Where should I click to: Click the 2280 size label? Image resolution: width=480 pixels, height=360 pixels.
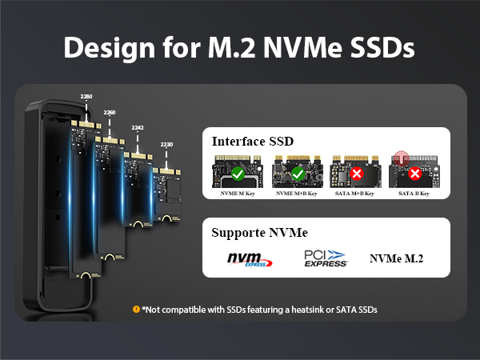coord(86,96)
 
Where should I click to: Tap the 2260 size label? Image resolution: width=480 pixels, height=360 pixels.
coord(110,112)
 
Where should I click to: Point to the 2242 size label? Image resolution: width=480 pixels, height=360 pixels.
coord(138,127)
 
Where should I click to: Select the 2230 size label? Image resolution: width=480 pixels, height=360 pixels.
coord(166,145)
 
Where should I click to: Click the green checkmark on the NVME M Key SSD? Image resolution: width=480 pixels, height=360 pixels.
coord(237,173)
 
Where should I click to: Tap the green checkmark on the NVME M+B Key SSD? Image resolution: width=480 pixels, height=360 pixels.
coord(297,173)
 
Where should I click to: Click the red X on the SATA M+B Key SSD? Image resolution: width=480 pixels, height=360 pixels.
coord(357,173)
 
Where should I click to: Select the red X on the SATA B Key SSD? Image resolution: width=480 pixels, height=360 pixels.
coord(414,173)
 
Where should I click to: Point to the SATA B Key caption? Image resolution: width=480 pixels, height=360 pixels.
coord(414,194)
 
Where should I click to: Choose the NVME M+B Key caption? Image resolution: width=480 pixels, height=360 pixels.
coord(297,194)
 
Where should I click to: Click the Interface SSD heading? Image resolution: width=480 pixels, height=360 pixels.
coord(253,142)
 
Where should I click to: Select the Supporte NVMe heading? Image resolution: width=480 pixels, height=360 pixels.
coord(259,233)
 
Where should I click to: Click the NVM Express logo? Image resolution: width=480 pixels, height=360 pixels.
coord(249,259)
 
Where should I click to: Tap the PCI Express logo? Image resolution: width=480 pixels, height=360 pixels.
coord(325,258)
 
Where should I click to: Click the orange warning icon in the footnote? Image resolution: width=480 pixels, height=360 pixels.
coord(136,309)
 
